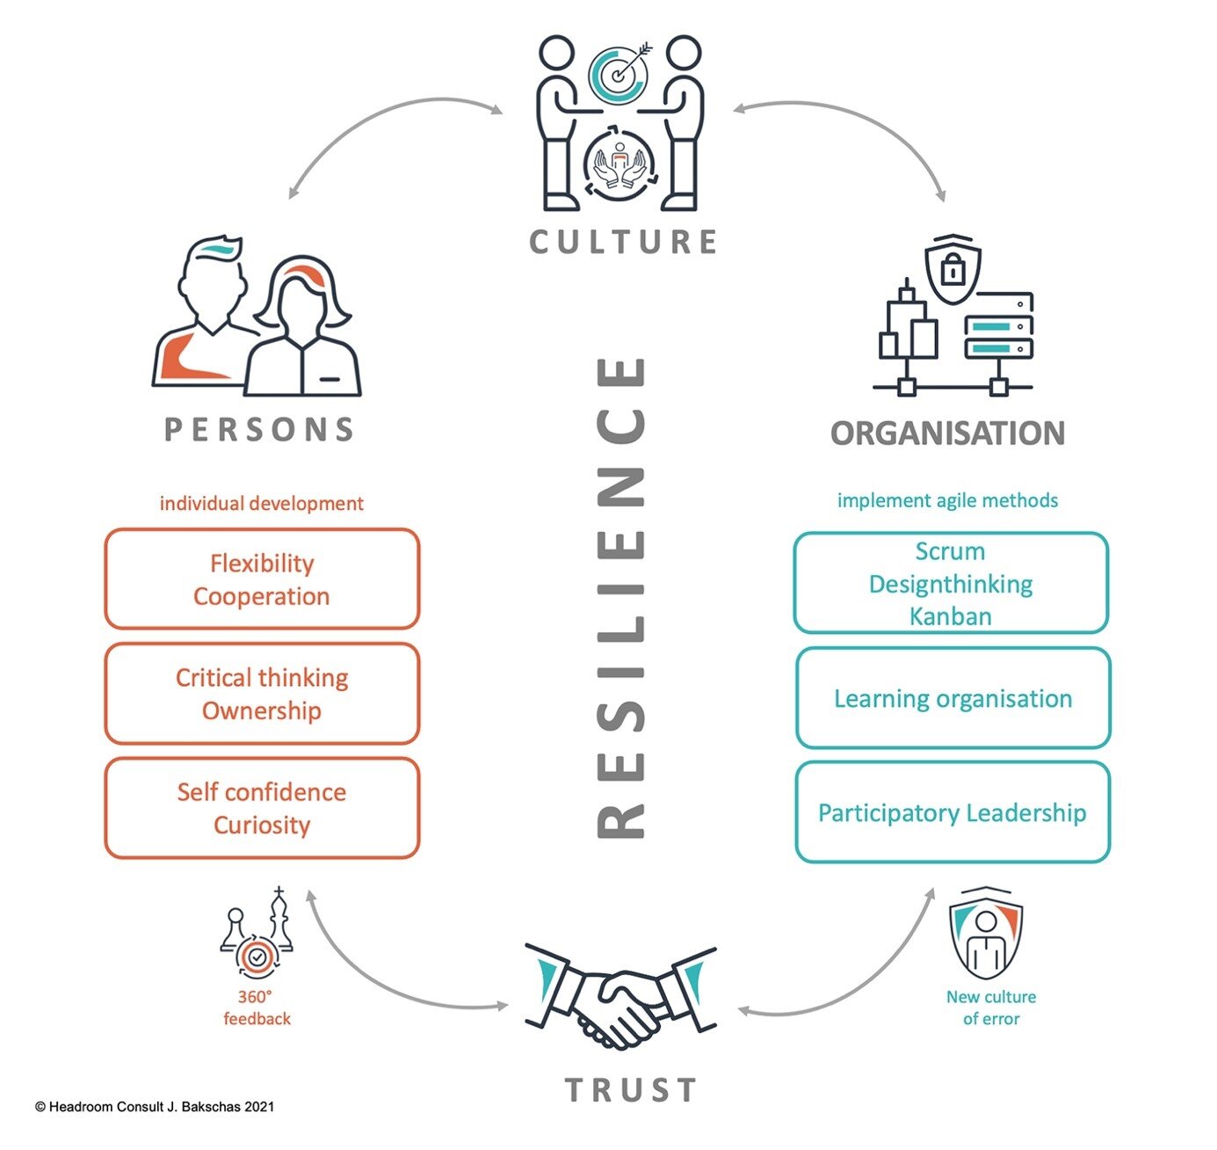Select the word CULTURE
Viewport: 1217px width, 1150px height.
[x=623, y=242]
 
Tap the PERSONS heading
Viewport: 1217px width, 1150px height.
[x=260, y=430]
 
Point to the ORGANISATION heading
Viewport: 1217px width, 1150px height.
[x=947, y=433]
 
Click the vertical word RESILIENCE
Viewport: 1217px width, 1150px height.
[x=622, y=597]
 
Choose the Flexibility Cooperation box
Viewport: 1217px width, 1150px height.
[x=262, y=579]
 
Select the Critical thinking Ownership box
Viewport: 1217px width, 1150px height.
[x=262, y=694]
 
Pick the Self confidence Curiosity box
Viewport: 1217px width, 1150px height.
[x=262, y=808]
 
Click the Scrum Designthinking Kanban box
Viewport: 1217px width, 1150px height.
[x=951, y=583]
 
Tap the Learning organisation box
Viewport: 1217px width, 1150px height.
[x=953, y=698]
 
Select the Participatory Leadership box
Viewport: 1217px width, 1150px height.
[x=953, y=812]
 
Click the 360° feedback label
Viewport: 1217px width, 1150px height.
[x=257, y=1008]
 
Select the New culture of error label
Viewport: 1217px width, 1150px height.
[x=991, y=1008]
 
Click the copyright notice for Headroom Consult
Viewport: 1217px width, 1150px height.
[x=155, y=1106]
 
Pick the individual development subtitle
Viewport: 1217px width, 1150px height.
[x=261, y=504]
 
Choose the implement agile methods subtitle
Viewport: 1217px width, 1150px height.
[x=947, y=500]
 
